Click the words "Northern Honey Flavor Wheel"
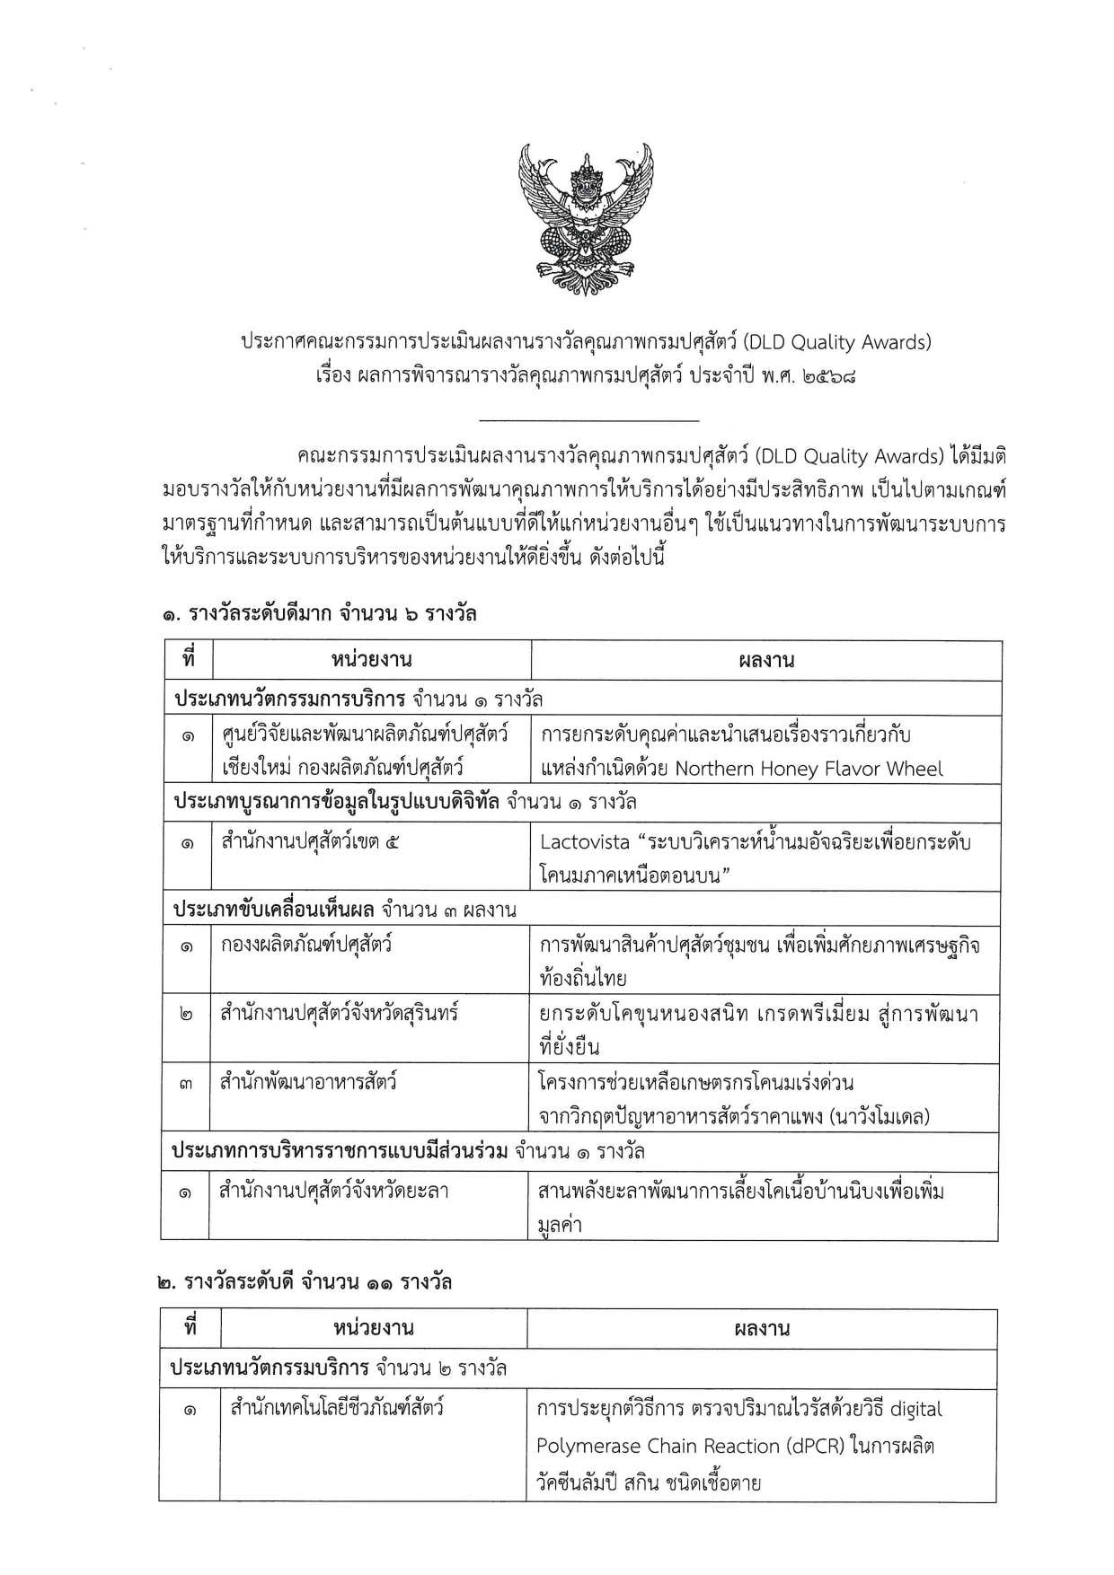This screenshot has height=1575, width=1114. coord(809,769)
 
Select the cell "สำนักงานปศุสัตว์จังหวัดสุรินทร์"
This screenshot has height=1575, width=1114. coord(340,1013)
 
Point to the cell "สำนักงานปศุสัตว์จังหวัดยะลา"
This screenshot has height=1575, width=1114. coord(334,1192)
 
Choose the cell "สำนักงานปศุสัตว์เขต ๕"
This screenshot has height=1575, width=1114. coord(310,842)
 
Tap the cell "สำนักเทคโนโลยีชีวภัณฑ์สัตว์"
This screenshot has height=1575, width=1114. coord(337,1408)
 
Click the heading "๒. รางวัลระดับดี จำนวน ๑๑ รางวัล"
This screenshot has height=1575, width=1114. coord(304,1282)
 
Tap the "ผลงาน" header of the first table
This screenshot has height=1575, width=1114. coord(766,661)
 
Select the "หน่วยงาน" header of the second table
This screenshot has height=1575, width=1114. coord(373,1328)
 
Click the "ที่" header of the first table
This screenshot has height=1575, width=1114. coord(189,660)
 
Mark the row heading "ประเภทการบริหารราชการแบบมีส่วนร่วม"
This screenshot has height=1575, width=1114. coord(340,1151)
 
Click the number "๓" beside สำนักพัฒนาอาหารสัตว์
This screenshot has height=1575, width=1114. coord(186,1084)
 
